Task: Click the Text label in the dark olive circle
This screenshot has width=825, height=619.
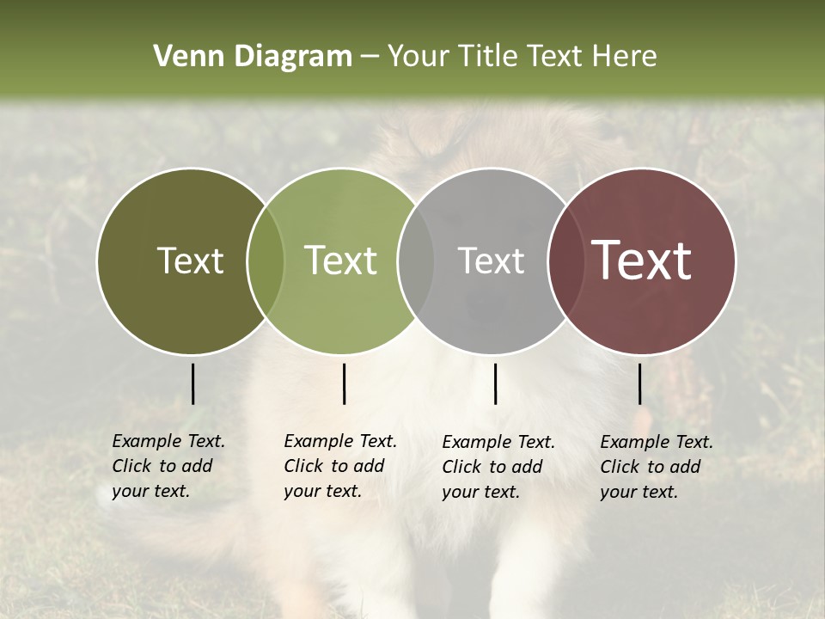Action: pyautogui.click(x=190, y=260)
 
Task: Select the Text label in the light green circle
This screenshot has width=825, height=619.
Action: pyautogui.click(x=341, y=260)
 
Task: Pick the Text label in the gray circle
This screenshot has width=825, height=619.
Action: pyautogui.click(x=491, y=260)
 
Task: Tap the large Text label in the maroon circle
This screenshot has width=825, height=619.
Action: pyautogui.click(x=642, y=260)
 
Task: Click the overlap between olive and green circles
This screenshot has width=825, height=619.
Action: pyautogui.click(x=266, y=260)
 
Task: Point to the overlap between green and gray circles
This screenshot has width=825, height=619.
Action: pyautogui.click(x=416, y=260)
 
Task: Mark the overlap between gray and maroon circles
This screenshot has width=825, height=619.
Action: pyautogui.click(x=565, y=260)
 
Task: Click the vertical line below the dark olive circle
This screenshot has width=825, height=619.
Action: pyautogui.click(x=192, y=383)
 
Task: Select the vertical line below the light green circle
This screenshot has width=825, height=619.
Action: pyautogui.click(x=344, y=383)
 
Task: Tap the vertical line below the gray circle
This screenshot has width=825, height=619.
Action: pyautogui.click(x=495, y=383)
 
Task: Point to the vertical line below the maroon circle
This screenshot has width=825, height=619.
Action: pyautogui.click(x=639, y=383)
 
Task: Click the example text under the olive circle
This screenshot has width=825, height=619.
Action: pyautogui.click(x=168, y=466)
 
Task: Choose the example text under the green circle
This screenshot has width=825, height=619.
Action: pyautogui.click(x=340, y=466)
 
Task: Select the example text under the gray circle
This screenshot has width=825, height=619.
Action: pyautogui.click(x=498, y=467)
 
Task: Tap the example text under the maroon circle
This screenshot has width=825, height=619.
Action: pyautogui.click(x=657, y=467)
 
